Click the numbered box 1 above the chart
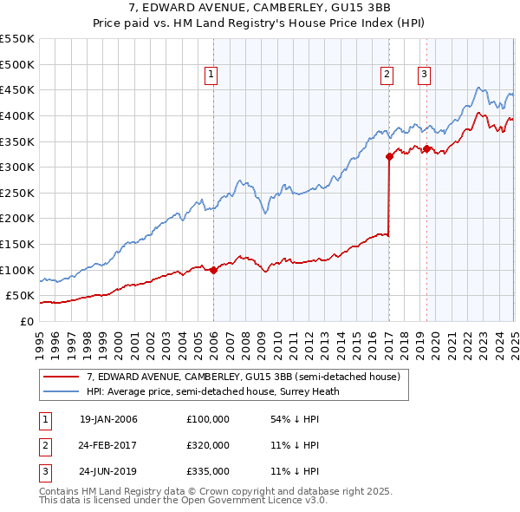(x=212, y=75)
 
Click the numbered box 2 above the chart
(x=387, y=75)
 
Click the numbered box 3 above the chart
(x=424, y=75)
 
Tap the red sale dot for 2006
(x=213, y=270)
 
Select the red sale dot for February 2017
(x=389, y=156)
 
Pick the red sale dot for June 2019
(x=426, y=148)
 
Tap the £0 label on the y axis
(x=26, y=321)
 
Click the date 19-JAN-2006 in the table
(x=108, y=419)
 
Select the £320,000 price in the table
(x=208, y=445)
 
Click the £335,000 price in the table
(x=208, y=472)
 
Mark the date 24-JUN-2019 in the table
(x=108, y=472)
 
